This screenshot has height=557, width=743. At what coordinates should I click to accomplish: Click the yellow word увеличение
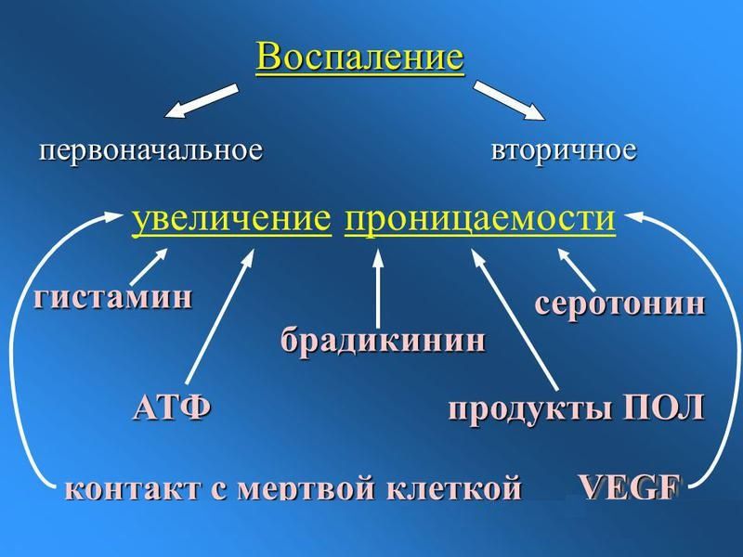pyautogui.click(x=232, y=219)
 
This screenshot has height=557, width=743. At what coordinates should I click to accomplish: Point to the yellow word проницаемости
pyautogui.click(x=479, y=219)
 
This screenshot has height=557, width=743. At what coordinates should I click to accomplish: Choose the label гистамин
pyautogui.click(x=115, y=298)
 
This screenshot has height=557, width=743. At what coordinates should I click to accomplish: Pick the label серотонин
pyautogui.click(x=619, y=304)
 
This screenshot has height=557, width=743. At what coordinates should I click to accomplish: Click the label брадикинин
pyautogui.click(x=383, y=341)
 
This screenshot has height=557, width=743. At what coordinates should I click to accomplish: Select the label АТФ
pyautogui.click(x=172, y=407)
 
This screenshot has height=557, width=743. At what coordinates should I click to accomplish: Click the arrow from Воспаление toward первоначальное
pyautogui.click(x=201, y=101)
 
